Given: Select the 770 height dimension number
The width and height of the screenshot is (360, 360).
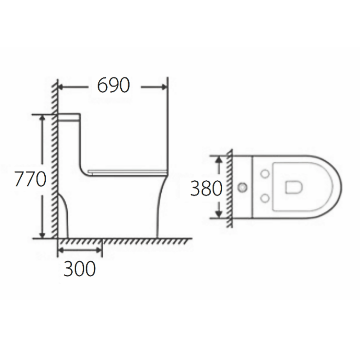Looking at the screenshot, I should click(30, 179).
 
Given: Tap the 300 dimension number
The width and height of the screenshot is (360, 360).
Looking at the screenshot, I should click(80, 268).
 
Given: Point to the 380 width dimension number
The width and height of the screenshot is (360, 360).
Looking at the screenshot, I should click(206, 188).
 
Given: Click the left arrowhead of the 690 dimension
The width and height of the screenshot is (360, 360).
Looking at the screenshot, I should click(61, 87).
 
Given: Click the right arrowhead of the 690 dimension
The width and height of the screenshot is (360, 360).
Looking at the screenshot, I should click(165, 87).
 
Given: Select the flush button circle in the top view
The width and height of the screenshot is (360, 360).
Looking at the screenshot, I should click(243, 187).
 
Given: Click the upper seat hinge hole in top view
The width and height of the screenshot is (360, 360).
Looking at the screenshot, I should click(266, 174).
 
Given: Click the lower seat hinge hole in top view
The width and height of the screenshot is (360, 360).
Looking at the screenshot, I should click(266, 198).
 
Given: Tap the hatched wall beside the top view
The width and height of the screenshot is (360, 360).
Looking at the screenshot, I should click(229, 187).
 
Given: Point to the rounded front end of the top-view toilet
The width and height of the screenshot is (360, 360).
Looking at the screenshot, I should click(337, 187).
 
